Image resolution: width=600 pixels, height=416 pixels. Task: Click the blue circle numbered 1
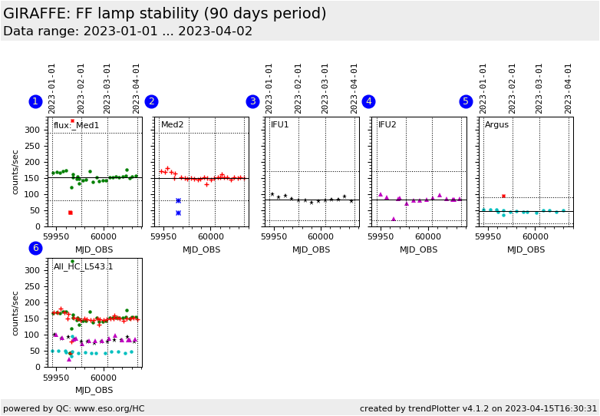[35, 101]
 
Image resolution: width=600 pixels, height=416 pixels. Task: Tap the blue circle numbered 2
[151, 101]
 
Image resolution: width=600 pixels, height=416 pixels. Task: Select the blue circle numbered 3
[252, 101]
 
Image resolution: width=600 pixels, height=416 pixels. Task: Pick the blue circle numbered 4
[368, 101]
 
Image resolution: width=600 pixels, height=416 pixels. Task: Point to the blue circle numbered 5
[466, 101]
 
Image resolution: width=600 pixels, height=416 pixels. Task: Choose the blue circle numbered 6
[35, 248]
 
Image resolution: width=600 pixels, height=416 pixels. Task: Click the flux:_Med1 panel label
[76, 125]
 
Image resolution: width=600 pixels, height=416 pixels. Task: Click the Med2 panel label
[172, 125]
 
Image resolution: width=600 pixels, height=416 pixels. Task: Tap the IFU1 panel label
[280, 125]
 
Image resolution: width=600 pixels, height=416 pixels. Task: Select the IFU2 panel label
[387, 125]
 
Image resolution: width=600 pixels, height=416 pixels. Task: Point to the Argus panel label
[496, 125]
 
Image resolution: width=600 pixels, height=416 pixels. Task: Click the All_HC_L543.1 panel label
[83, 267]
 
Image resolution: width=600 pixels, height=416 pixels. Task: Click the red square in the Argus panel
[503, 196]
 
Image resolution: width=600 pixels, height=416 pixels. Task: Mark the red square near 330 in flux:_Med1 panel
[73, 121]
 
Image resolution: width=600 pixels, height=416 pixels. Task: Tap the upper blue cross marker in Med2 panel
[178, 200]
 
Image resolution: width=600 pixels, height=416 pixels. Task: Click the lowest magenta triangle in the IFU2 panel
[394, 219]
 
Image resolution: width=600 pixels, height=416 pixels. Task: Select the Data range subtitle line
[127, 31]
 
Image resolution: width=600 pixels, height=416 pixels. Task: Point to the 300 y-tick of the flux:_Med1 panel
[31, 130]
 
